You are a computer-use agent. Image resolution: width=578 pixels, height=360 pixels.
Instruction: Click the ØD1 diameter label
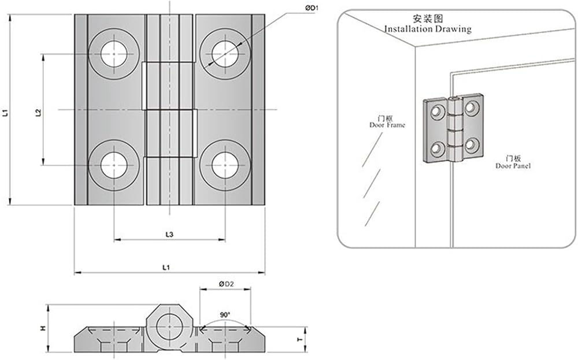(312, 8)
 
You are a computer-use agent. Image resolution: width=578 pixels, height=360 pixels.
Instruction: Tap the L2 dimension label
(38, 113)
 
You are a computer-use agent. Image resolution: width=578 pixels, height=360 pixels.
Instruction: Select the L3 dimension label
(169, 235)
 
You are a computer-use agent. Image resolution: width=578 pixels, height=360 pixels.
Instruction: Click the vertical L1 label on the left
(5, 113)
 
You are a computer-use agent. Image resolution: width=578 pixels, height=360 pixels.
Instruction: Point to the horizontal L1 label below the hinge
(166, 267)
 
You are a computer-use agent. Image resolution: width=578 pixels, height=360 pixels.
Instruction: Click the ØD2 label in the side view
(227, 284)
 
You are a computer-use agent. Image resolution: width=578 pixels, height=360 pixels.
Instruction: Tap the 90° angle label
(225, 315)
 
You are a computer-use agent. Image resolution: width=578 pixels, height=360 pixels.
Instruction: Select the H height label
(43, 328)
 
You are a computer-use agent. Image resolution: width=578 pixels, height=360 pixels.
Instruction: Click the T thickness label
(301, 339)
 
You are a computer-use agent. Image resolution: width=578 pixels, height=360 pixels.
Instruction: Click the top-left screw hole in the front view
(114, 54)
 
